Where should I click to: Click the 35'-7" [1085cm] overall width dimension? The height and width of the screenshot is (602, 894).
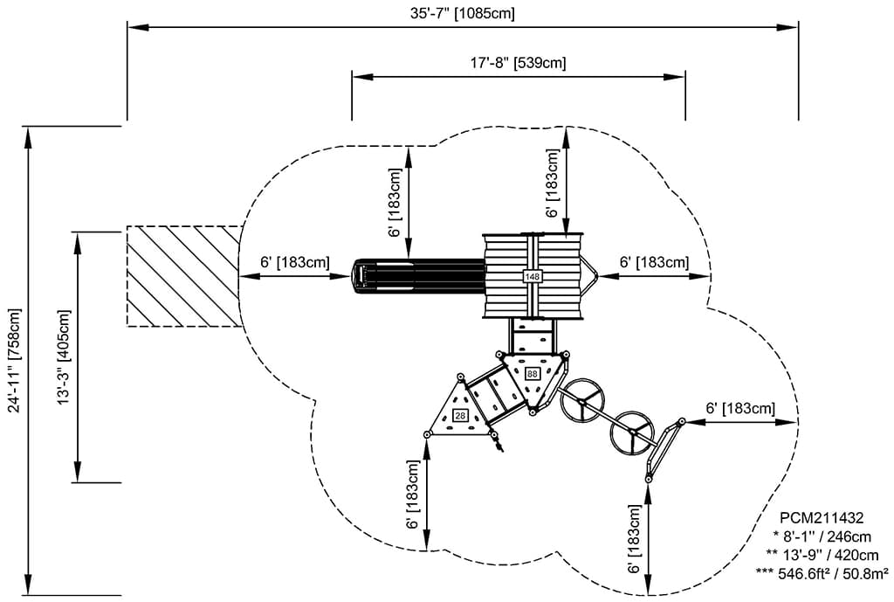point(463,14)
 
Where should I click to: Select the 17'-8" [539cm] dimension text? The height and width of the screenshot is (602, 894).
point(518,62)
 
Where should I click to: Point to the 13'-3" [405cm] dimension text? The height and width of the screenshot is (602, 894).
point(63,356)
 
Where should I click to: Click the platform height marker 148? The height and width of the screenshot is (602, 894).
point(532,277)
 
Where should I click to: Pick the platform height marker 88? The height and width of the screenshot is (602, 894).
point(532,373)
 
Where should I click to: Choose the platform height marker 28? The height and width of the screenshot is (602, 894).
point(461,415)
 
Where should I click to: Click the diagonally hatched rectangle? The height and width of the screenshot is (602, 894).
point(183,276)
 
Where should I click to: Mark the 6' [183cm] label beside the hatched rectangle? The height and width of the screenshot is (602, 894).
point(294,262)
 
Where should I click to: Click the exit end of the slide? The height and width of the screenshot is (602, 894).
point(361,276)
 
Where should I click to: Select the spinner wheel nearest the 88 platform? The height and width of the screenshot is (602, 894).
point(582,401)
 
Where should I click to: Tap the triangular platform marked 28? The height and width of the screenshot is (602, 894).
point(460,411)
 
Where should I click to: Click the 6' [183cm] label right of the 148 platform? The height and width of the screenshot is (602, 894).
point(654,262)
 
